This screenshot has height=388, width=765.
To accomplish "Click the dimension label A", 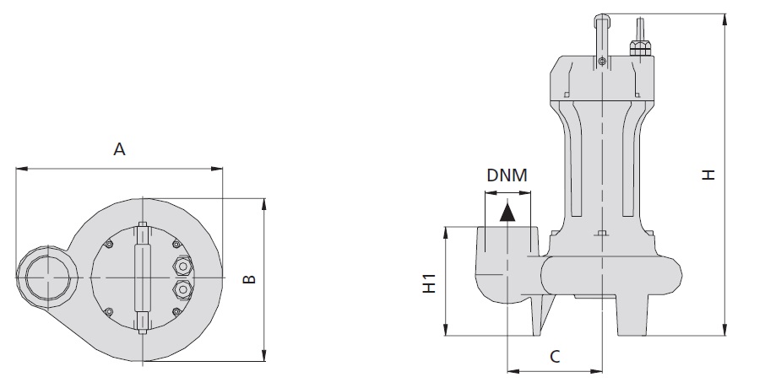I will [x=120, y=150].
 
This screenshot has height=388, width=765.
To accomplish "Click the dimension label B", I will [x=249, y=279].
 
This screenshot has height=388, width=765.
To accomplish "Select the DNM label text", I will [x=507, y=176].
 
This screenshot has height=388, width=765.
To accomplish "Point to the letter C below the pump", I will [x=554, y=357].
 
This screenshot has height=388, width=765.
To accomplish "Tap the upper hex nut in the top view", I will [x=181, y=267].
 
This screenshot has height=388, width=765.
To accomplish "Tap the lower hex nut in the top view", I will [x=181, y=290].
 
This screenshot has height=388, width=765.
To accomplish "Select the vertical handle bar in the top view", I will [x=142, y=278].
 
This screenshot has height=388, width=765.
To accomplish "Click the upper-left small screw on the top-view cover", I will [x=109, y=245].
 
